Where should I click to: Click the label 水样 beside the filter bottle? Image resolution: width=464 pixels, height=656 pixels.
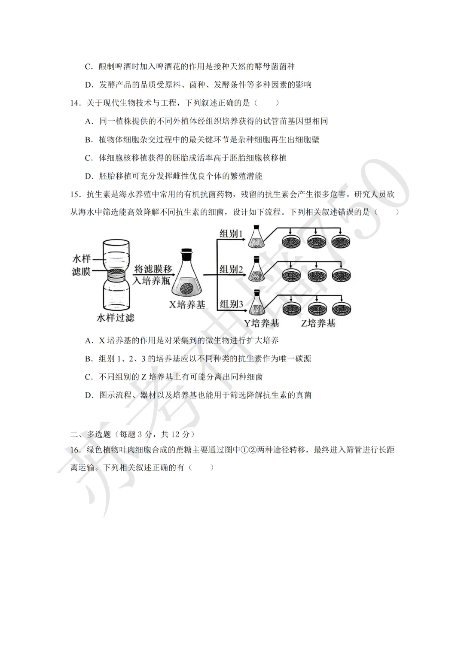click(82, 258)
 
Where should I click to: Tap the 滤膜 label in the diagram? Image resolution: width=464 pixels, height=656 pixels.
click(82, 271)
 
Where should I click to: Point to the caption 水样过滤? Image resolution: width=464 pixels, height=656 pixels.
click(115, 318)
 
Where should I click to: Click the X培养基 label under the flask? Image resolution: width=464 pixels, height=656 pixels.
click(187, 305)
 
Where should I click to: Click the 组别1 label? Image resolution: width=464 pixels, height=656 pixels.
click(231, 234)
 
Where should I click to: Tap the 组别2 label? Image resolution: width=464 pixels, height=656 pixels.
click(231, 270)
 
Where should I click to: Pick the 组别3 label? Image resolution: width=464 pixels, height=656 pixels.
click(231, 304)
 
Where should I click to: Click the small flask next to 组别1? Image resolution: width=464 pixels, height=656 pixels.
click(256, 239)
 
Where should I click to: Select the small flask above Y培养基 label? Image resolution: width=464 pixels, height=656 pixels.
click(257, 304)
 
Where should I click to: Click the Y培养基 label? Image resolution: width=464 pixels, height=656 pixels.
click(262, 323)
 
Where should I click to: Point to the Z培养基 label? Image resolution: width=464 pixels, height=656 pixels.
click(318, 323)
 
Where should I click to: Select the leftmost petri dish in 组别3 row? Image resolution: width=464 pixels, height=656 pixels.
click(291, 308)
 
